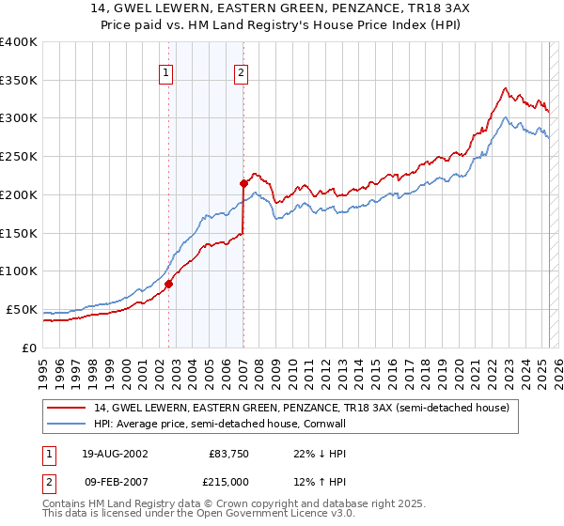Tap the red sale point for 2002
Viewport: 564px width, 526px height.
tap(169, 284)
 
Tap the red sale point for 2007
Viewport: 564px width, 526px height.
tap(243, 182)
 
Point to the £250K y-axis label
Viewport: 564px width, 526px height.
tap(19, 156)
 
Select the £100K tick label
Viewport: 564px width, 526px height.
tap(19, 271)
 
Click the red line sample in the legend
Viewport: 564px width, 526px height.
tap(66, 408)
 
